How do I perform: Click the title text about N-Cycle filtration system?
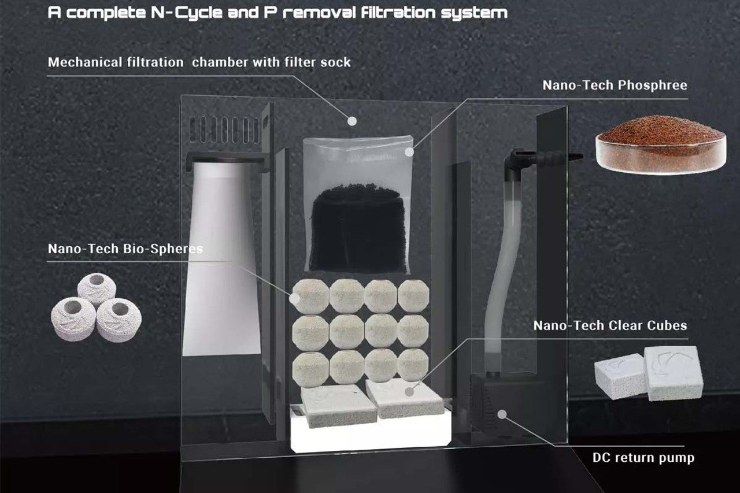[278, 13]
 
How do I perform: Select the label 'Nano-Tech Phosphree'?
[615, 86]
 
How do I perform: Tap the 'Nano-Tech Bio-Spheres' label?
[125, 249]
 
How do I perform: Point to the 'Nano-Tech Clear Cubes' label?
[610, 325]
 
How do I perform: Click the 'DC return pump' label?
[643, 458]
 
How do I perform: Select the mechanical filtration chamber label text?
[199, 62]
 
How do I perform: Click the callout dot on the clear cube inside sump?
[409, 392]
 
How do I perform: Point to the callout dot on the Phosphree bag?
[409, 152]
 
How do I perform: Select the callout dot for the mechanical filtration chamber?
[351, 121]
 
